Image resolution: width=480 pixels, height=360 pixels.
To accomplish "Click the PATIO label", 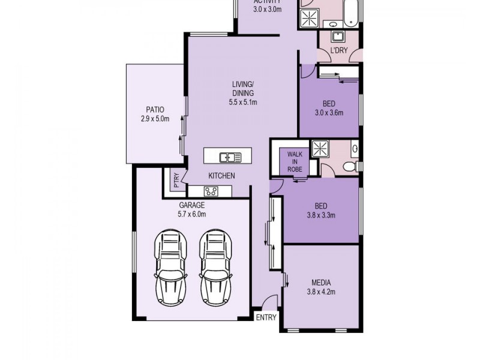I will coord(154,110).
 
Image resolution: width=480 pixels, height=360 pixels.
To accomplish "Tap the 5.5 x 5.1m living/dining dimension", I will coord(243,102).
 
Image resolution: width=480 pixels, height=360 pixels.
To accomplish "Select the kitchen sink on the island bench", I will coord(230,157).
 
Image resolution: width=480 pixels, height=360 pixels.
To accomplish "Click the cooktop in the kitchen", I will coord(211,191).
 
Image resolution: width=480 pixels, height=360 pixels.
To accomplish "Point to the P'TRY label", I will coord(176,181).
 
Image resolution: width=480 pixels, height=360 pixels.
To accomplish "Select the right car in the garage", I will coord(215,266).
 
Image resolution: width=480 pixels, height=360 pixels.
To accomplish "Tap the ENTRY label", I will coord(266,318).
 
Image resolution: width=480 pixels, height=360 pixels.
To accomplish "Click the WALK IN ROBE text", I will coord(294,161).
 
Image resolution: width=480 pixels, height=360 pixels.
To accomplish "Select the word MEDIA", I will coord(321,283).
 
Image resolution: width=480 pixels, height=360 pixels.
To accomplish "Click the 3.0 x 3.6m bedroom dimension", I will coord(328,112).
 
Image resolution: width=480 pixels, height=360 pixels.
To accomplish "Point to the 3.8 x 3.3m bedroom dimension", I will coord(321,215).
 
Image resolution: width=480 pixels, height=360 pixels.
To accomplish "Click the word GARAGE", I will coord(191,205).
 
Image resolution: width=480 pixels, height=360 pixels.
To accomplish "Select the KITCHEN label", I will coord(221,176).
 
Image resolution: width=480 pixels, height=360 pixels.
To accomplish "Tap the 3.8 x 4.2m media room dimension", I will coord(321,292).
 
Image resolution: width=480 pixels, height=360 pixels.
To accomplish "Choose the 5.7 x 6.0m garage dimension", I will coord(191,214).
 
